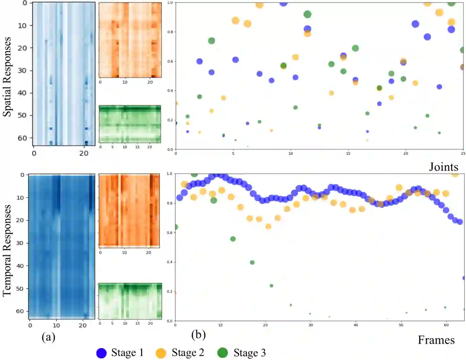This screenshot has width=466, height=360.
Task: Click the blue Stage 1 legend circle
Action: point(101,353)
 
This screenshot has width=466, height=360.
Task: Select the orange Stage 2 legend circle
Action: point(161,353)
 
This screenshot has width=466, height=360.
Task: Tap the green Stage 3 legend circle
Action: point(222,353)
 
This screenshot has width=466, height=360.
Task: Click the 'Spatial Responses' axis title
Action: point(7,77)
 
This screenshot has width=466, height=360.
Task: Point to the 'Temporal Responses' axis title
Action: point(7,250)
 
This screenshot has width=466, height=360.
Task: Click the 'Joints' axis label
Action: point(444,167)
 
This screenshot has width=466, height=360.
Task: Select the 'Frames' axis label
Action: point(436,340)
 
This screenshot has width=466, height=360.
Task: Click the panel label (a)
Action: point(49,337)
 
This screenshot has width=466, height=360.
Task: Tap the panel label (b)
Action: point(198,334)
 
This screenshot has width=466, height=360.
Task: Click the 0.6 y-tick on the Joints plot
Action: point(170,61)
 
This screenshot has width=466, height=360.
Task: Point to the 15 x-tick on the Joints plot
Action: point(348,153)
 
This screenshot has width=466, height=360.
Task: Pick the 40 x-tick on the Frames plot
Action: point(356,325)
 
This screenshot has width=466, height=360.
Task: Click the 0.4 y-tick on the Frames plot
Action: point(170,262)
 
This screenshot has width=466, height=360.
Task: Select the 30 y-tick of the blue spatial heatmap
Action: point(22,70)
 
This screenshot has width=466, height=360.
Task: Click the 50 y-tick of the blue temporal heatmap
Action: point(20,289)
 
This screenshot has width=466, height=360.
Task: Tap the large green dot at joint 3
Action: point(212,41)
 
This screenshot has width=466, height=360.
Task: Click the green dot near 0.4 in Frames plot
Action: point(252,262)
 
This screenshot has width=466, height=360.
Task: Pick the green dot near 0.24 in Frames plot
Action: point(271,286)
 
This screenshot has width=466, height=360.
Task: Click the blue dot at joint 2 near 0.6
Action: point(199,61)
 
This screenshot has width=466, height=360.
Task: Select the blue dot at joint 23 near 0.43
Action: point(439,87)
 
